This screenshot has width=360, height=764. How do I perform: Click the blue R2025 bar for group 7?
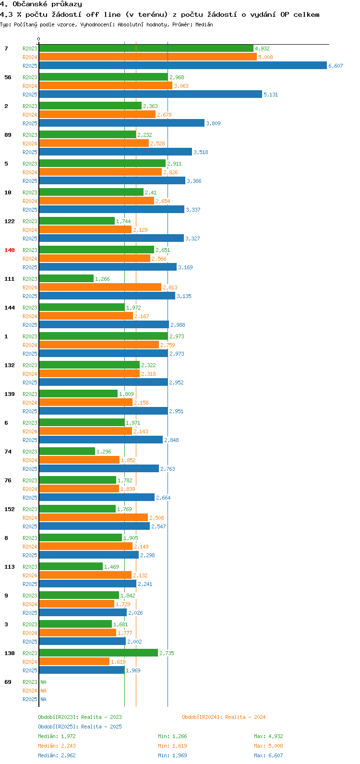[x=182, y=65]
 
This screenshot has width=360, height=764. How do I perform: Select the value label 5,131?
[x=271, y=95]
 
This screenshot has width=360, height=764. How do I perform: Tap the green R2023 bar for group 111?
[x=66, y=278]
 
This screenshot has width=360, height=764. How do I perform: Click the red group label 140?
[x=10, y=250]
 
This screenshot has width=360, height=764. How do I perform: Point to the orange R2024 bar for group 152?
[x=93, y=517]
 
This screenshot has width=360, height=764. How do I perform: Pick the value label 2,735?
[x=167, y=653]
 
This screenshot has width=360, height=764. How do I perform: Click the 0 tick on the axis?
[x=39, y=39]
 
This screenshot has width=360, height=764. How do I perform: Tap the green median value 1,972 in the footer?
[x=68, y=736]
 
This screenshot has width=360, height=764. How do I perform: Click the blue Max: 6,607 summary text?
[x=268, y=755]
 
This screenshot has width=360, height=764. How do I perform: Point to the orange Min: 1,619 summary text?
[x=172, y=746]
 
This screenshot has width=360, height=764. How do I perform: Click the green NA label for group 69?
[x=43, y=682]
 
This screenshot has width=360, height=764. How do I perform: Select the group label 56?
[x=8, y=77]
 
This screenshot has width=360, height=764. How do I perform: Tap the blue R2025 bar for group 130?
[x=82, y=670]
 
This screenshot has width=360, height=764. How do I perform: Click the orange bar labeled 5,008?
[x=148, y=57]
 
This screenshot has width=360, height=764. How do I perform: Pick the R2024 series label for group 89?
[x=30, y=143]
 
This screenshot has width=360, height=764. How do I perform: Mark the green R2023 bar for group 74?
[x=67, y=451]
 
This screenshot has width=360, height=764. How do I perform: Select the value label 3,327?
[x=192, y=239]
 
